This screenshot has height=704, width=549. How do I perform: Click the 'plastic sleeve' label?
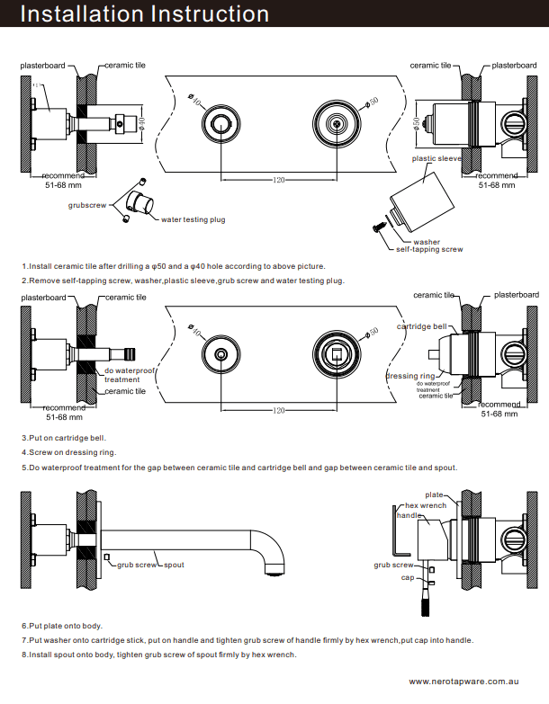coord(436,158)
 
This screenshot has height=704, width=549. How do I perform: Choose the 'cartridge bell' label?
coord(421,326)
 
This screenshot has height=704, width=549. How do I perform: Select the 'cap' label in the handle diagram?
coord(408,578)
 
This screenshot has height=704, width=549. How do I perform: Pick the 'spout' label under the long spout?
coord(174,565)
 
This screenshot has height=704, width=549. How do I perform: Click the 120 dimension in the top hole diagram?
coord(279,181)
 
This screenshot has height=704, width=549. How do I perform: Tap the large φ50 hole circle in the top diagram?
coord(337,124)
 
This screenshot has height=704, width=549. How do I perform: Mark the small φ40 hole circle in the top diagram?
coord(220,124)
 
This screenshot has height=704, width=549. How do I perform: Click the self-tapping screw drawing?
coord(380,229)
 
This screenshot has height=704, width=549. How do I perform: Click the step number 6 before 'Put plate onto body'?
coord(24,625)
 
